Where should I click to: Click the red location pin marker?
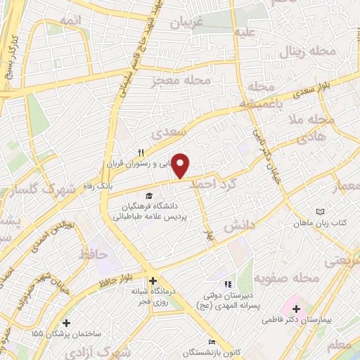click(x=181, y=166)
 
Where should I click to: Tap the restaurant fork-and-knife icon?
click(x=141, y=153)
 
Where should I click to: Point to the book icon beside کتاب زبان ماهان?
click(x=321, y=212)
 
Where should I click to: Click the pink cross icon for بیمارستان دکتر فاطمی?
click(x=296, y=309)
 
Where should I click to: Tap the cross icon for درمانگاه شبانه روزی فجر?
click(x=153, y=281)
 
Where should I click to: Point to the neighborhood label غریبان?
click(x=188, y=24)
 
